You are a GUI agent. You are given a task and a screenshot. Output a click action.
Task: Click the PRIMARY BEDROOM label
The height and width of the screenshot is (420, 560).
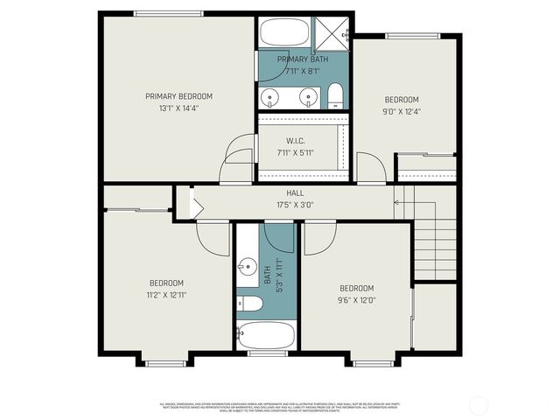(178, 96)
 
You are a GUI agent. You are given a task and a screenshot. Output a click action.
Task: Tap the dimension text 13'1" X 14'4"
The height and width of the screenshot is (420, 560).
(178, 108)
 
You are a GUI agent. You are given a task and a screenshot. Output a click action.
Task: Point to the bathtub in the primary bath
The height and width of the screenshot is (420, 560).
(283, 33)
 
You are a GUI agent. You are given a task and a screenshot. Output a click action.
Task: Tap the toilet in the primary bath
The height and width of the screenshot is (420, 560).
(334, 95)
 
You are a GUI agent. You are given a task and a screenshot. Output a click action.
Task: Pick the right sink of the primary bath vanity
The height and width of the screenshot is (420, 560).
(305, 97)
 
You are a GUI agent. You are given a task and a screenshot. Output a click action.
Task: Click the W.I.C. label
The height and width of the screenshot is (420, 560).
(295, 141)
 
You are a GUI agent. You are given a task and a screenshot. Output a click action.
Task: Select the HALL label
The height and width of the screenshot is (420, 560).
(295, 194)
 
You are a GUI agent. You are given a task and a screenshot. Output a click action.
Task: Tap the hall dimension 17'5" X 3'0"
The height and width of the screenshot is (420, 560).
(295, 206)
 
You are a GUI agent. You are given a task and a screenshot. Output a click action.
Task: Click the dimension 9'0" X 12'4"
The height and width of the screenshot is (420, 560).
(402, 111)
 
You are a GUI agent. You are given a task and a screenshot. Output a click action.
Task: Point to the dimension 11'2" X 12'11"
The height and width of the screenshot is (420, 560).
(166, 295)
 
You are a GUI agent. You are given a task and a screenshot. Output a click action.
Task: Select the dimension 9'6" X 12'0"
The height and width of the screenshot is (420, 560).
(356, 300)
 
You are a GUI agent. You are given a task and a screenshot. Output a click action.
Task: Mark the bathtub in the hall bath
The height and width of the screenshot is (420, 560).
(266, 334)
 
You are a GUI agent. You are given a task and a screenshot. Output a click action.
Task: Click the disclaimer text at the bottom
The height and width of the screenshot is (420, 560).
(280, 407)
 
